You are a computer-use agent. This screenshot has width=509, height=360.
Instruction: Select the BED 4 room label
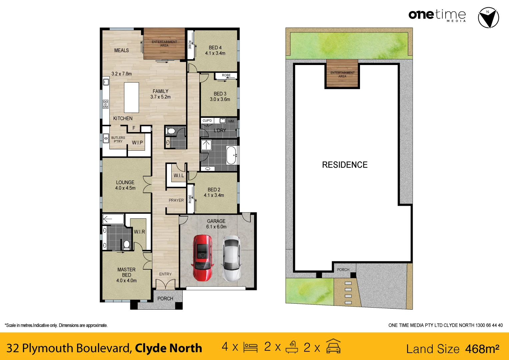click(x=215, y=48)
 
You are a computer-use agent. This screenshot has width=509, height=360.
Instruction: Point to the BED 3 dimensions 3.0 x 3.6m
click(x=220, y=99)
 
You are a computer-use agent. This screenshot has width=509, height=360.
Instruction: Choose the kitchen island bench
click(x=131, y=98)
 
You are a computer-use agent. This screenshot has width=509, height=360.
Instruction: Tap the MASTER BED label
click(x=126, y=272)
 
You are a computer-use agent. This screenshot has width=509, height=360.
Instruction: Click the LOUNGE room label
click(x=125, y=182)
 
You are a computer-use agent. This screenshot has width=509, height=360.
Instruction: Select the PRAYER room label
click(x=176, y=200)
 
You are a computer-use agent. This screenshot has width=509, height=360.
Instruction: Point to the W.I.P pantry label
click(x=137, y=143)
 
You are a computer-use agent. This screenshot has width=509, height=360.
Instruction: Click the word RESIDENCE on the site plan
click(x=345, y=165)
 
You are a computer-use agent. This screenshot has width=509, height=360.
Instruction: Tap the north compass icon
click(x=488, y=18)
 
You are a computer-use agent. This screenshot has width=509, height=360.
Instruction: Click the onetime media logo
click(x=437, y=15)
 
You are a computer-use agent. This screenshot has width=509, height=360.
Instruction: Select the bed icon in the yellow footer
click(x=250, y=347)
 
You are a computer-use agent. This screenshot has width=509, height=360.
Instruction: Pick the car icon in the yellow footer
click(x=333, y=346)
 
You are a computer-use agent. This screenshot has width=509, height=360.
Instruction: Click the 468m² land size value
click(x=482, y=349)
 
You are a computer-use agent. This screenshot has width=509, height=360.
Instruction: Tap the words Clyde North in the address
click(x=168, y=348)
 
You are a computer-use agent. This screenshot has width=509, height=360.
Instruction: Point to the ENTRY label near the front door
click(x=165, y=274)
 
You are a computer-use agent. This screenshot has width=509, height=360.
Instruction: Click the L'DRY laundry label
click(x=220, y=130)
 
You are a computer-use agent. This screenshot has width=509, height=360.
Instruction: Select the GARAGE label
click(x=216, y=221)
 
